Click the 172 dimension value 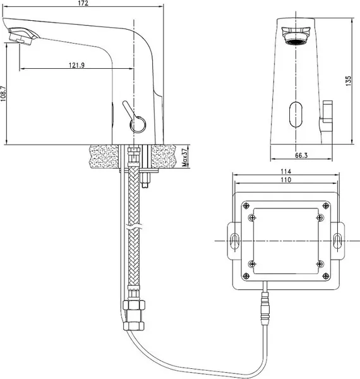(83, 3)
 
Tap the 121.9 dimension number (76, 65)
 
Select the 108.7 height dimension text (3, 93)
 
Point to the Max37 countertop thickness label (185, 157)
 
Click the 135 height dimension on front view (349, 81)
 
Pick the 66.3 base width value (301, 155)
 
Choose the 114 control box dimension (286, 171)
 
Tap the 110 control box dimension (286, 180)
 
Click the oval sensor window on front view (296, 114)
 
